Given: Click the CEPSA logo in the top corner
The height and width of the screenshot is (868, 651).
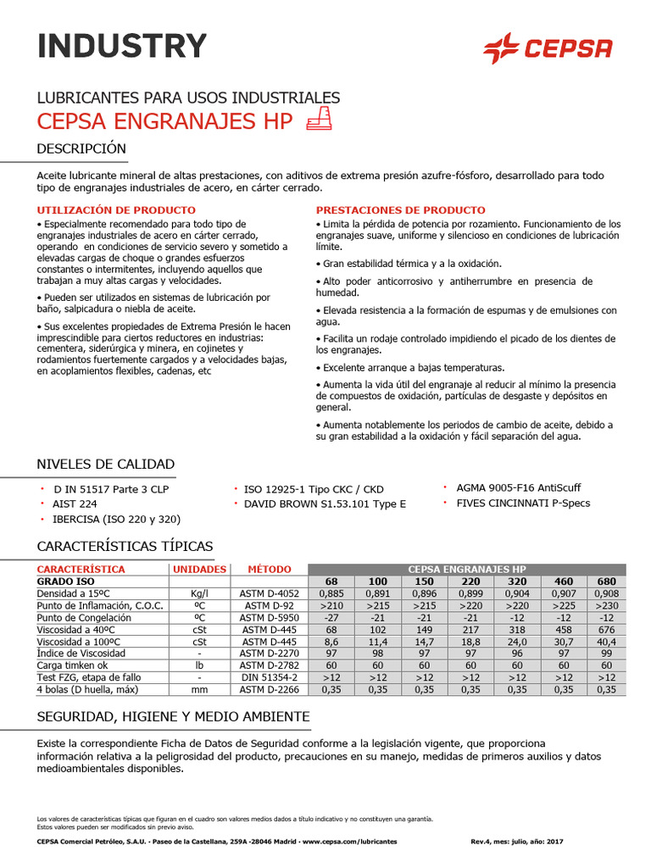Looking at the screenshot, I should point(547,48).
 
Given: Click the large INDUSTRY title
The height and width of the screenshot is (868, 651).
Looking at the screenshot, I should point(122,46).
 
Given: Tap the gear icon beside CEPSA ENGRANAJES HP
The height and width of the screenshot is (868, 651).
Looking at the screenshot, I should point(316,120).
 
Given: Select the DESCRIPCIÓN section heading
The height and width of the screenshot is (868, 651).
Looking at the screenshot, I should point(81,149).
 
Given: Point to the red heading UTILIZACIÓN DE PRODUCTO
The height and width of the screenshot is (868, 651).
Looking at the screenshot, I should point(116,209).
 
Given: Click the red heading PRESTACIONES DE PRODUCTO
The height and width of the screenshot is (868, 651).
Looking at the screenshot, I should point(400,209).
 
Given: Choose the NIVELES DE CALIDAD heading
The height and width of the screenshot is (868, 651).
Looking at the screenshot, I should point(106,464).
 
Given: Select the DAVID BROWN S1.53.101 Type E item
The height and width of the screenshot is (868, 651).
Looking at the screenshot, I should point(325,504).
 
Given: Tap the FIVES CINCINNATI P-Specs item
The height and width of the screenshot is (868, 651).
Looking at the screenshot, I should point(523,503).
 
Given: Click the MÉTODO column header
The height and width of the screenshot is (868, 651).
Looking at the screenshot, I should point(269,569).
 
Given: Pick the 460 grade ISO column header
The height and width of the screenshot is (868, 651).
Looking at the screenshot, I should point(563,581).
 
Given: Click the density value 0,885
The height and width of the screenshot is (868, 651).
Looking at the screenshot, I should point(331,593).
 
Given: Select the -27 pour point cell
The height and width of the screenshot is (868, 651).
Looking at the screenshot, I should point(331,618).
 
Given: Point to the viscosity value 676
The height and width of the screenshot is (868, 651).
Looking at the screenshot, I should point(606,630).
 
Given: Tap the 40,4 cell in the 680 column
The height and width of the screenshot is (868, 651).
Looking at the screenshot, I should point(606,642).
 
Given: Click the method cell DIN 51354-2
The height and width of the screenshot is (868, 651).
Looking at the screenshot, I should point(269,678).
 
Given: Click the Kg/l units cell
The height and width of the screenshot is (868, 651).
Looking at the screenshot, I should point(199,593).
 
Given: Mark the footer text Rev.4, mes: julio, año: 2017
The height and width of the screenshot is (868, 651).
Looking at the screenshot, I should point(516,841).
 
